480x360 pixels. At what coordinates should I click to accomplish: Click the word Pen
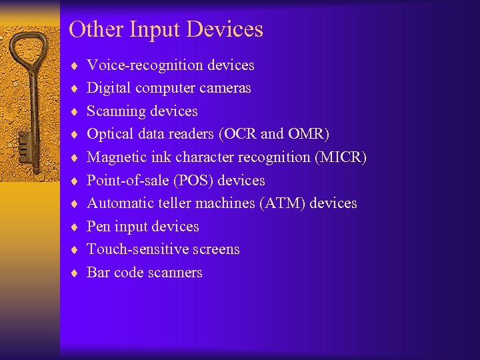[x=99, y=227]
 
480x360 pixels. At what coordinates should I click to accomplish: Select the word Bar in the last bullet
[x=98, y=273]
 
